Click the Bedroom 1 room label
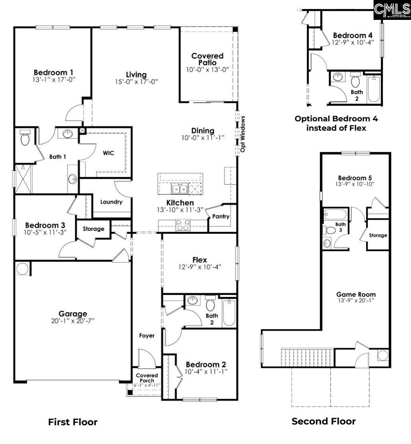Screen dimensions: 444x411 [x=53, y=73]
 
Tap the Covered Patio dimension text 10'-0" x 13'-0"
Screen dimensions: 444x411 [x=207, y=69]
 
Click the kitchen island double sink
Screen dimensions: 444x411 [x=179, y=189]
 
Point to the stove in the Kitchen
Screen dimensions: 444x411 [x=183, y=225]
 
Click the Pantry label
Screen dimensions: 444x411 [x=221, y=217]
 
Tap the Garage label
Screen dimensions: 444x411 [x=73, y=314]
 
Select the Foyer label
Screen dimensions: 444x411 [x=147, y=336]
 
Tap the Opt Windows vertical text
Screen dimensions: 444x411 [x=243, y=134]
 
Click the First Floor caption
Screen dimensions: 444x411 [x=73, y=422]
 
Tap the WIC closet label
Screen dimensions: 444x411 [x=108, y=153]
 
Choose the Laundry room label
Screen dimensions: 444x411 [x=112, y=202]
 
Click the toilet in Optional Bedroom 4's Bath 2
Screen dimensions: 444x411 [x=355, y=81]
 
